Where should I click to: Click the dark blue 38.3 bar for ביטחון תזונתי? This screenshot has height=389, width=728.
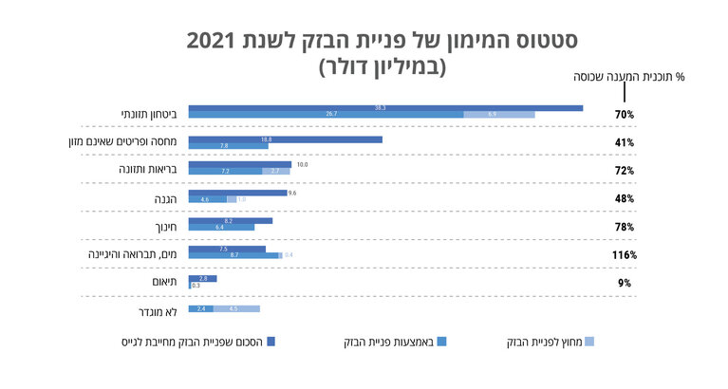pos(385,107)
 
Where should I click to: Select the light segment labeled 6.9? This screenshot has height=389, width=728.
pos(499,114)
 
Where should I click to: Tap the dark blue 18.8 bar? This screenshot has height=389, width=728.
pos(285,139)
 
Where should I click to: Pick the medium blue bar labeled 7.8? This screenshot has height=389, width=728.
pos(228,146)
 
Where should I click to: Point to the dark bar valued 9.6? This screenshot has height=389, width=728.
pos(237,193)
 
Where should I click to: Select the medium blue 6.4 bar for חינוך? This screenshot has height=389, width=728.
pos(221,228)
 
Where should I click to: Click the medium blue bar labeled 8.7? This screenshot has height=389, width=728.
pos(233,255)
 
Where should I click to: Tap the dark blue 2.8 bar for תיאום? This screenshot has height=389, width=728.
pos(202,278)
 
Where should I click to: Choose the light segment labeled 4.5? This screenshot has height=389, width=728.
pos(236,309)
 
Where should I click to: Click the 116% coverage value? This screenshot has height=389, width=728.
pos(624,255)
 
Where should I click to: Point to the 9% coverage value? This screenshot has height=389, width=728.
pos(624,283)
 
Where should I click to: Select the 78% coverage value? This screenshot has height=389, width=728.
pos(624,228)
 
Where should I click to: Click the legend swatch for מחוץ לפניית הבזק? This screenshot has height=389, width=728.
pos(588,341)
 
